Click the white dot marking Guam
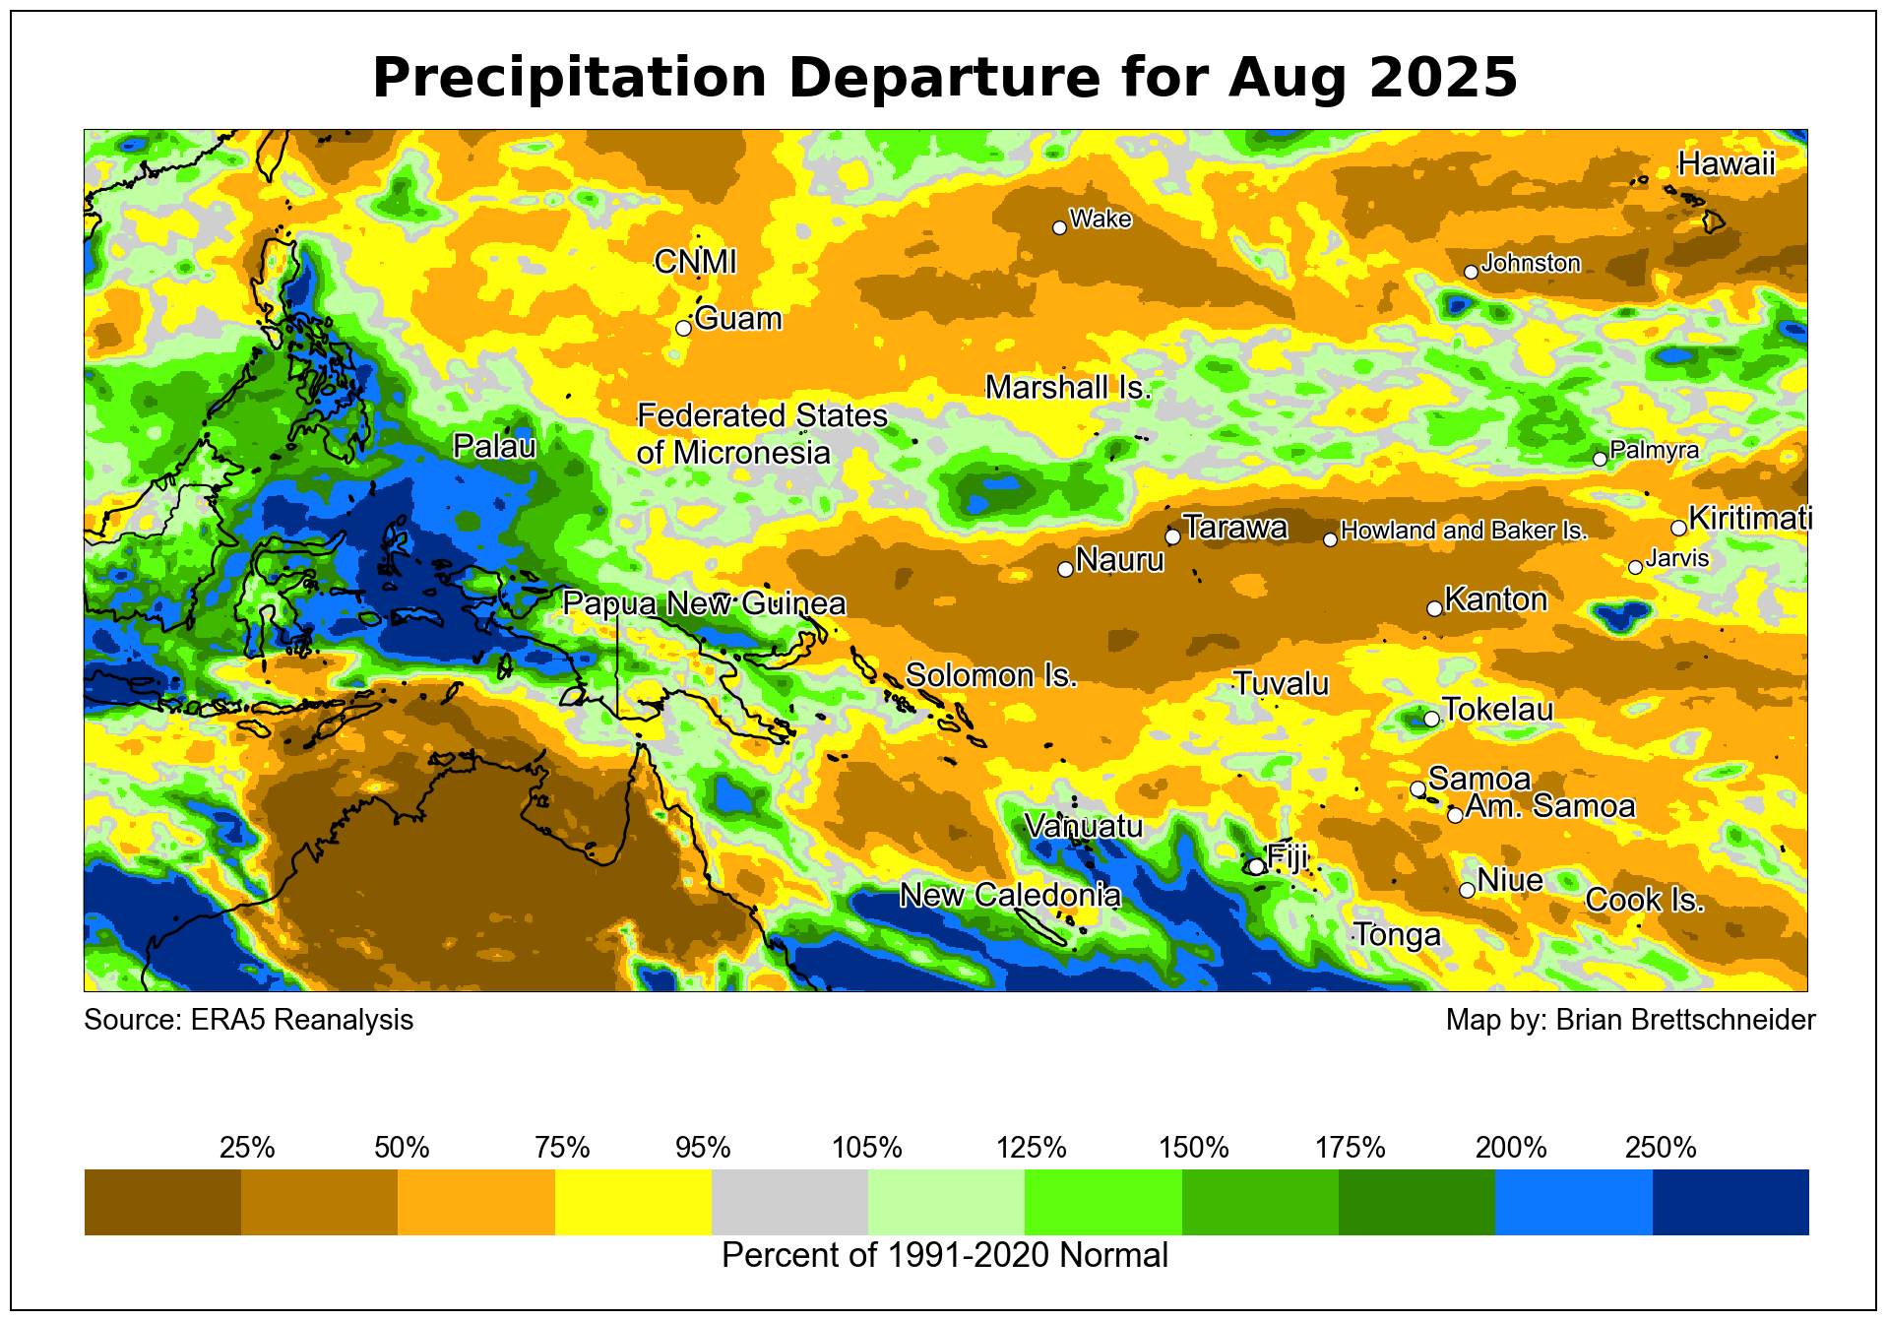click(x=683, y=328)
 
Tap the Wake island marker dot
click(x=1059, y=227)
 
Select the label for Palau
click(x=494, y=447)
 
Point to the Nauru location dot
click(x=1065, y=569)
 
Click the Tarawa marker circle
click(x=1172, y=536)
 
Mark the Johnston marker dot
click(x=1471, y=272)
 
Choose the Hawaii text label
click(x=1726, y=163)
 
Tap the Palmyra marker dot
click(x=1600, y=459)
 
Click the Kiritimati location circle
click(x=1678, y=528)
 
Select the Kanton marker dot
click(x=1434, y=608)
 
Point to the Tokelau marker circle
click(x=1431, y=719)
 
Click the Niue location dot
click(x=1467, y=890)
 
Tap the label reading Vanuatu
click(x=1083, y=826)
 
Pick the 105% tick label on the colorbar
click(x=867, y=1148)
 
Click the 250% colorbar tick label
click(x=1661, y=1148)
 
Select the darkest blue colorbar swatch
click(x=1730, y=1202)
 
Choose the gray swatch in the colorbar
click(x=789, y=1202)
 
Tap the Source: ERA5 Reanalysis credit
click(x=248, y=1020)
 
